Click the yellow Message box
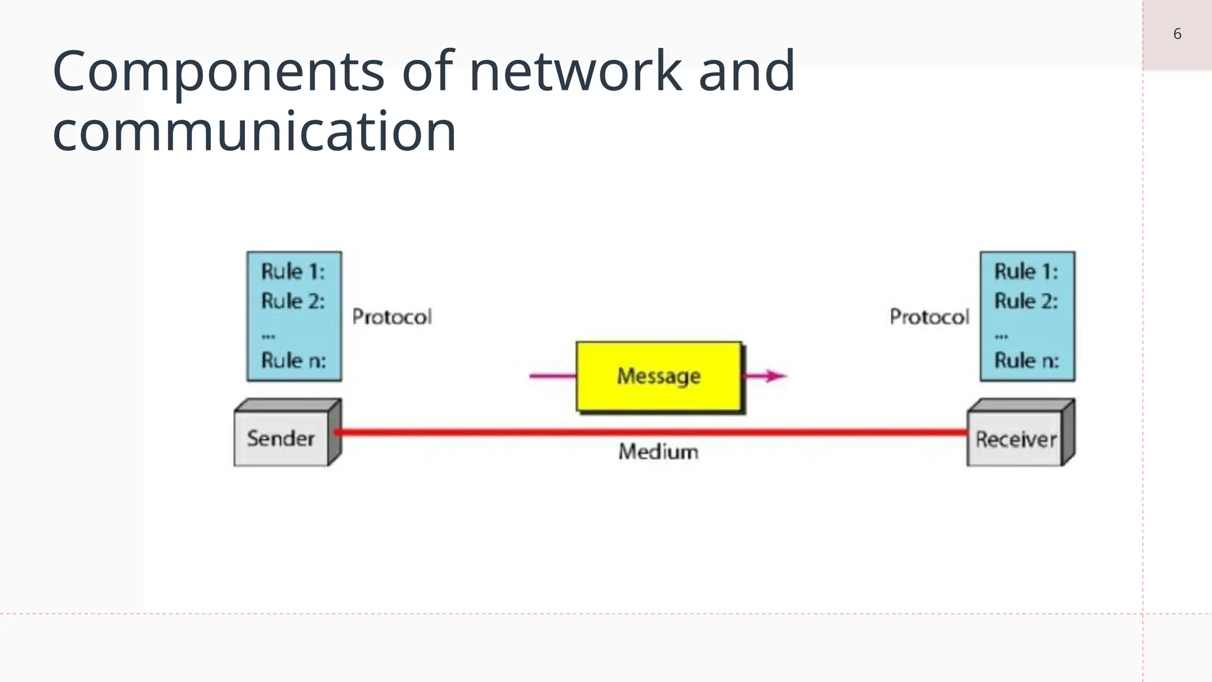pyautogui.click(x=658, y=376)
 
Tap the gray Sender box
pyautogui.click(x=281, y=439)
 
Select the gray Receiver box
pyautogui.click(x=1016, y=439)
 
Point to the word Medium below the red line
pyautogui.click(x=658, y=452)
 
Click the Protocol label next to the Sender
pyautogui.click(x=392, y=317)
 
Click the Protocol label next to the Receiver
pyautogui.click(x=929, y=317)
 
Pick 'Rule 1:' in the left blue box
pyautogui.click(x=293, y=272)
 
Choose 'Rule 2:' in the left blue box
pyautogui.click(x=293, y=301)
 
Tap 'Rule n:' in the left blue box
pyautogui.click(x=294, y=360)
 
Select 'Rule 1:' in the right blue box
pyautogui.click(x=1026, y=272)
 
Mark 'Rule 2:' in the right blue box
pyautogui.click(x=1026, y=301)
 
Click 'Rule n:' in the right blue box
pyautogui.click(x=1026, y=360)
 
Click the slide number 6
pyautogui.click(x=1177, y=34)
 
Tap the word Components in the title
pyautogui.click(x=218, y=72)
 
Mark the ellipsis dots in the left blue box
pyautogui.click(x=268, y=336)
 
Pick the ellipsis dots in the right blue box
pyautogui.click(x=1001, y=336)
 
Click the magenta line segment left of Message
pyautogui.click(x=552, y=375)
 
